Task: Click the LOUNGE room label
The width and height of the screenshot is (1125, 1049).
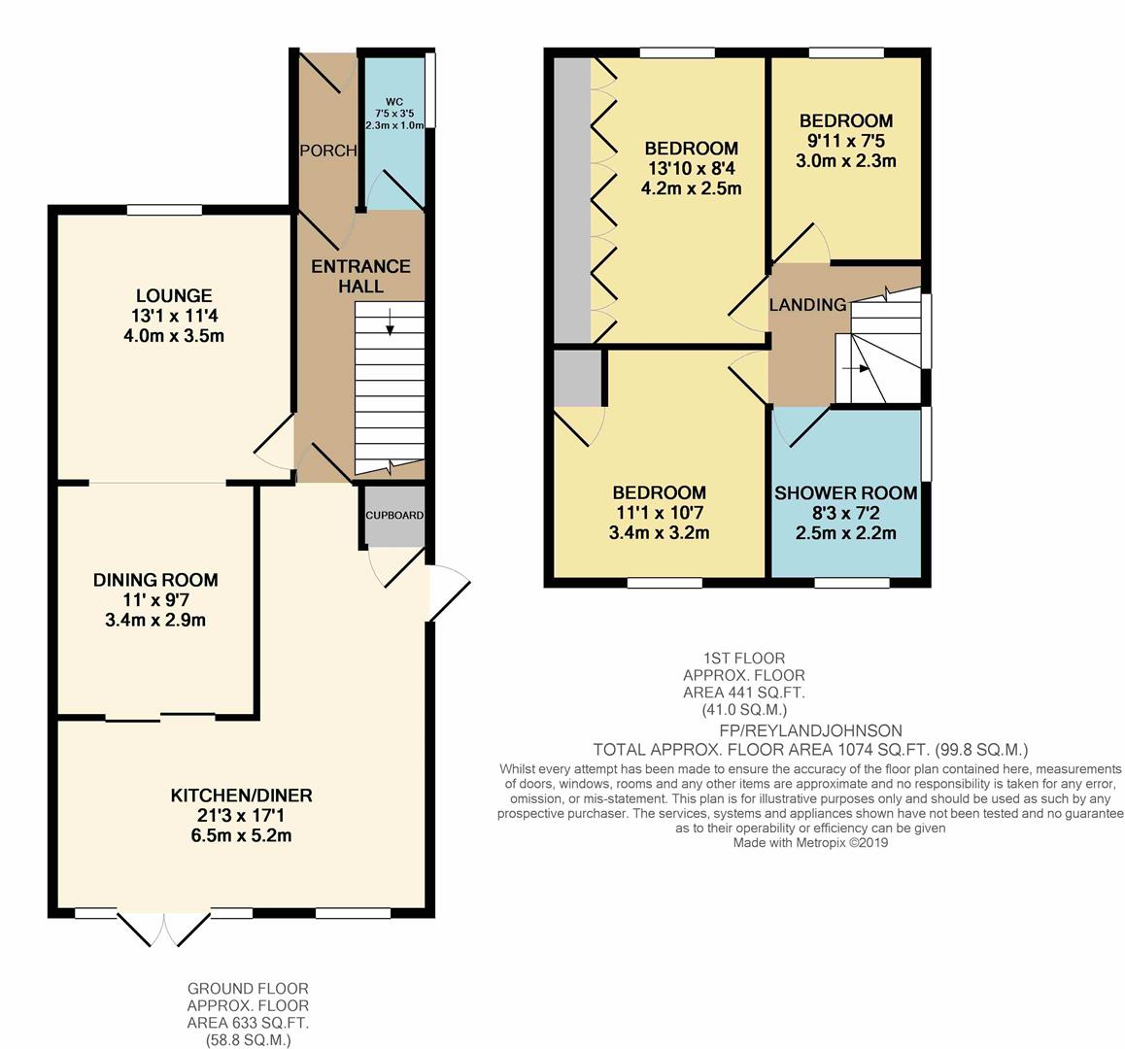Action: point(174,295)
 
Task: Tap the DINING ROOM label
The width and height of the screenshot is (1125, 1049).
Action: point(155,580)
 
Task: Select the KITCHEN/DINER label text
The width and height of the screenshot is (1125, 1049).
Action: point(242,795)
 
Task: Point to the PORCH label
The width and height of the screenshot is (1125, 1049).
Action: point(327,151)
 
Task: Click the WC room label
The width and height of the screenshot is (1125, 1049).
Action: point(394,101)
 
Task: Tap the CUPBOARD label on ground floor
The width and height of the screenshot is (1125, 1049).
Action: point(394,515)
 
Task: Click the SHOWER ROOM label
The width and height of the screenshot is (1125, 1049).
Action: point(845,493)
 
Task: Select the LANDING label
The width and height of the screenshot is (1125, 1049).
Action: point(807,305)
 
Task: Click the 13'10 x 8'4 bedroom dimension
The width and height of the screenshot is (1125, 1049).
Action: point(692,168)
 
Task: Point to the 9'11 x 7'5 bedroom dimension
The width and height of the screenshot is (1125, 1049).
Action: point(845,141)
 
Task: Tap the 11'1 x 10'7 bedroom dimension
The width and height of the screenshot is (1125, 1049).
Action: point(659,513)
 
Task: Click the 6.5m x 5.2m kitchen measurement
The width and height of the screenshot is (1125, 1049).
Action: point(242,835)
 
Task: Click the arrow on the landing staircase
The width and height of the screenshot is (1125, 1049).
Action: point(856,368)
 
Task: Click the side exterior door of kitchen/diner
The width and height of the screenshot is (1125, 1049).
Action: point(448,592)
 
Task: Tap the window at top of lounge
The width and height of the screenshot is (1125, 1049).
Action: point(164,209)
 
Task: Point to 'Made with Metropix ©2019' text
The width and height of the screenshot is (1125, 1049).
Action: point(810,843)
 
